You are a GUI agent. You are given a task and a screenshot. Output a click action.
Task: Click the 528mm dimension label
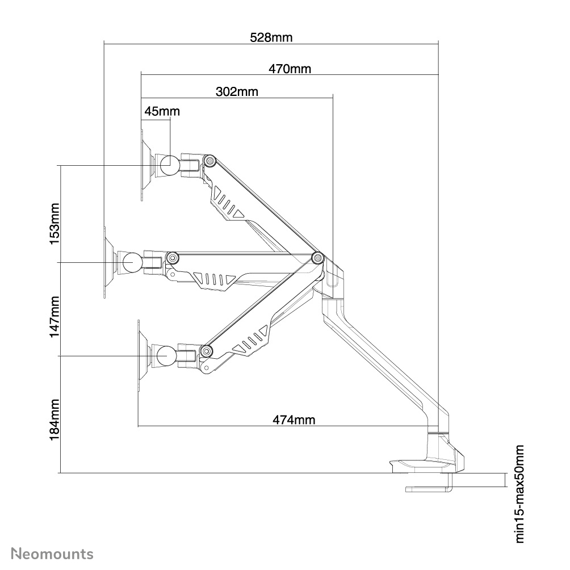point(271,37)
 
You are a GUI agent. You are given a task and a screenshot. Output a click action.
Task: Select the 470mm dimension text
point(290,69)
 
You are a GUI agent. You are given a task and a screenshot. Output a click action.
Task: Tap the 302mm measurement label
point(237,91)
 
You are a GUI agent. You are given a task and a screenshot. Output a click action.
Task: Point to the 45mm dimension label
point(162,111)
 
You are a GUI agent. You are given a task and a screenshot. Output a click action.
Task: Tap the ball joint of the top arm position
point(169,165)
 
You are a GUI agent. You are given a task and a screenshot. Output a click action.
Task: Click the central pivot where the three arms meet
point(317,258)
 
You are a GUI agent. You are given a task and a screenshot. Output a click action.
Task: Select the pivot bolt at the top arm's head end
point(209,161)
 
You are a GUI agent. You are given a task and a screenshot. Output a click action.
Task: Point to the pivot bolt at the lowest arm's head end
point(206,351)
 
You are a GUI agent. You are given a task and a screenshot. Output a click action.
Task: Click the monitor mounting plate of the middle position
point(106,262)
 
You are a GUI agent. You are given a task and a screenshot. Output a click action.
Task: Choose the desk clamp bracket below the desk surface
point(428,488)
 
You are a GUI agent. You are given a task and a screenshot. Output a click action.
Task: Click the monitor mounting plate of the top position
point(142,165)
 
